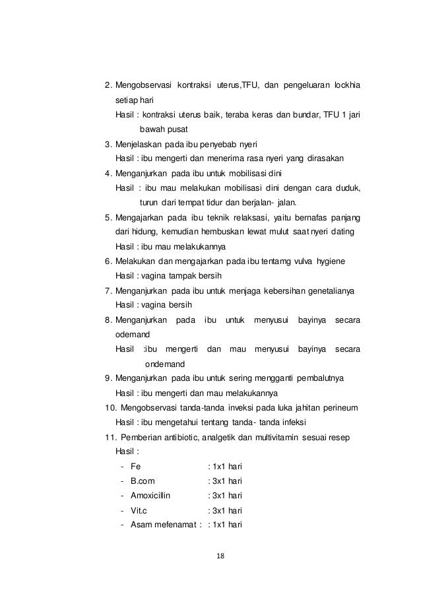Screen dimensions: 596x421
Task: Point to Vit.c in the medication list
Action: pyautogui.click(x=139, y=510)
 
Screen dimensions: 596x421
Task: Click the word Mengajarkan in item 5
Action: pyautogui.click(x=141, y=218)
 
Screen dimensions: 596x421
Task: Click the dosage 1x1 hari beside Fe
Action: pyautogui.click(x=225, y=467)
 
